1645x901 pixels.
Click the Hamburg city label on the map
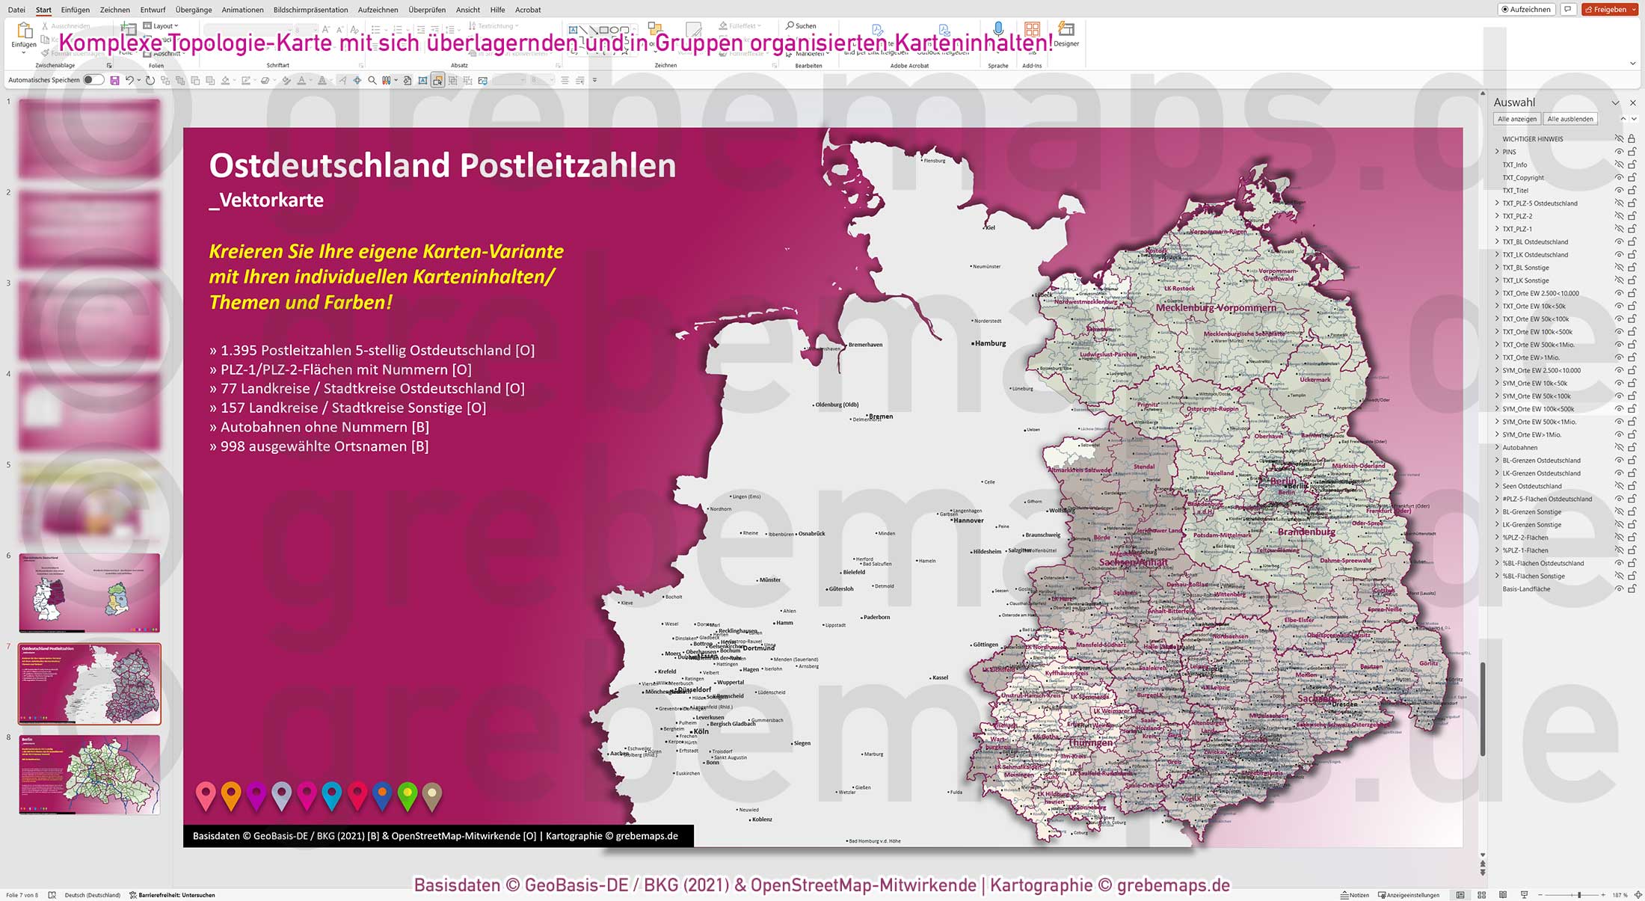coord(990,344)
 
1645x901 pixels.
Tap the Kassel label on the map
coord(940,678)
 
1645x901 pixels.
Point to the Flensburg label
coord(934,161)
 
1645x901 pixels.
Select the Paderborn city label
coord(876,618)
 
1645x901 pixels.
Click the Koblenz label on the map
coord(762,819)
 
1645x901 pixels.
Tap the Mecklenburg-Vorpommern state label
coord(1216,308)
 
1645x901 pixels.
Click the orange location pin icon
coord(231,795)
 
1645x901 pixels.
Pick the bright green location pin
coord(408,795)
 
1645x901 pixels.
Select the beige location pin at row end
coord(432,795)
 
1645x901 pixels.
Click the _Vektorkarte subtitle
coord(266,200)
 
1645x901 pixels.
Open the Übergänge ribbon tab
coord(194,10)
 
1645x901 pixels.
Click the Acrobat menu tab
coord(528,10)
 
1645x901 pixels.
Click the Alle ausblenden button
coord(1569,119)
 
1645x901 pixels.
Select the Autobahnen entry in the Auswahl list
coord(1519,448)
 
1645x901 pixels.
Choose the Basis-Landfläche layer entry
coord(1526,589)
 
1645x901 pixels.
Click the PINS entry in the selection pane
coord(1509,152)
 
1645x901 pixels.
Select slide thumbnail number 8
coord(89,774)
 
